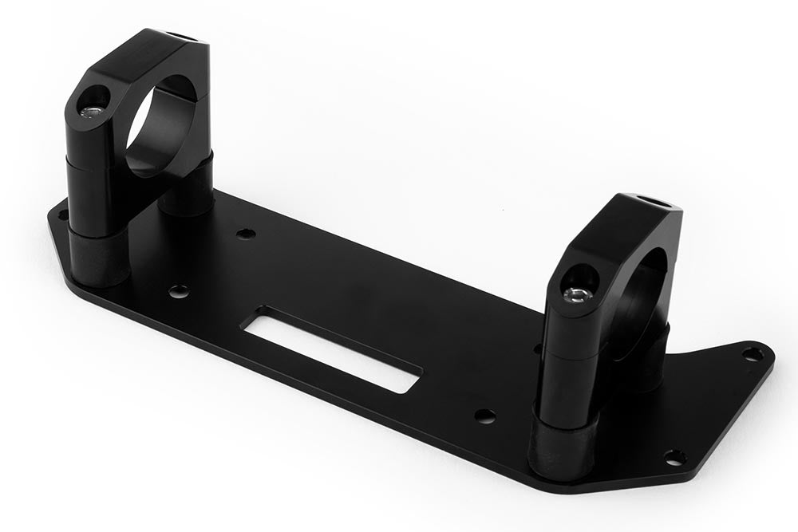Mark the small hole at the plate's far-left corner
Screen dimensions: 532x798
pyautogui.click(x=61, y=213)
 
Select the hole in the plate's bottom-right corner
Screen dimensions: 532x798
pyautogui.click(x=674, y=457)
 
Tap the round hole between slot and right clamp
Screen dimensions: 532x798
pyautogui.click(x=484, y=416)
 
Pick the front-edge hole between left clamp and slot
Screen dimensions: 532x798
pyautogui.click(x=179, y=291)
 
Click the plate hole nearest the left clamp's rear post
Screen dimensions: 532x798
pyautogui.click(x=247, y=234)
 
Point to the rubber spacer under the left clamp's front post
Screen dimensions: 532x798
pyautogui.click(x=97, y=257)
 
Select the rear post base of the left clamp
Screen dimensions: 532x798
pyautogui.click(x=187, y=195)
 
